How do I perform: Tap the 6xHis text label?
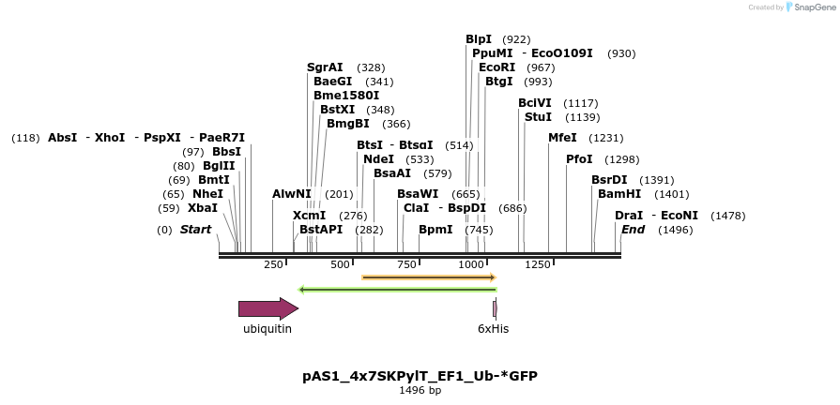point(493,329)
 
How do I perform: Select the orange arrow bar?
point(428,277)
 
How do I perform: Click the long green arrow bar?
point(396,290)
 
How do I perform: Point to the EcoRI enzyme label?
point(496,67)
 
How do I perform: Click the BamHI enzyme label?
point(619,194)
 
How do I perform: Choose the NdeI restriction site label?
point(378,159)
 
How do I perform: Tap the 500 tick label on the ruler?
point(340,265)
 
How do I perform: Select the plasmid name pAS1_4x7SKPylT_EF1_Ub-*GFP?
point(420,376)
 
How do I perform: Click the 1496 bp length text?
point(420,391)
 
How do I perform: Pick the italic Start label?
point(195,230)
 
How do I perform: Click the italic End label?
point(634,230)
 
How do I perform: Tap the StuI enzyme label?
point(538,117)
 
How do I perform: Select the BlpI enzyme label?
point(479,39)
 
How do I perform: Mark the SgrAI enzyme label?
point(325,67)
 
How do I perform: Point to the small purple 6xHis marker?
point(495,308)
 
